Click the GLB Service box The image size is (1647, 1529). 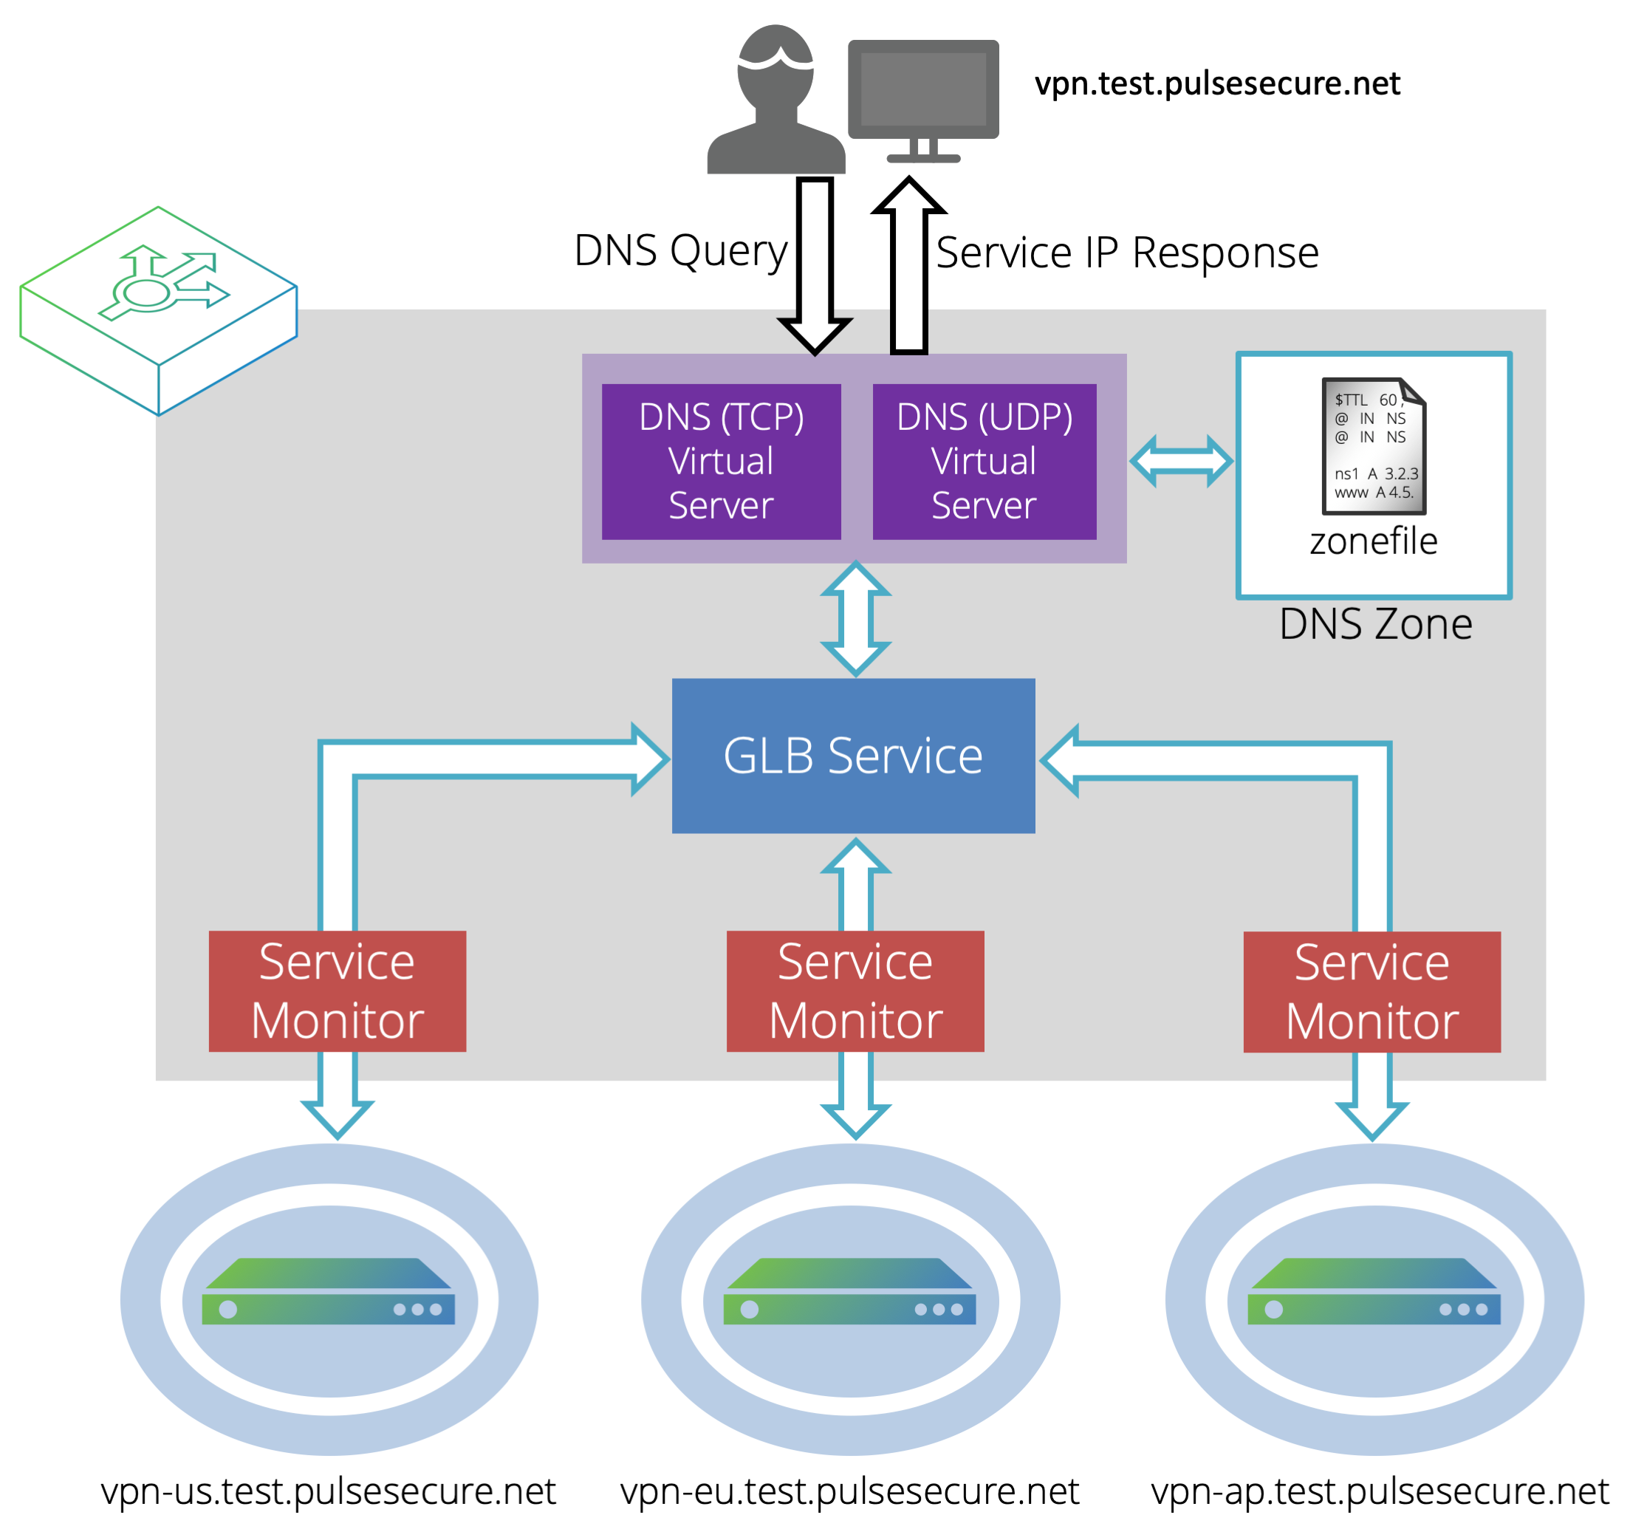[x=853, y=756]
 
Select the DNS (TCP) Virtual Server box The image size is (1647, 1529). [x=721, y=462]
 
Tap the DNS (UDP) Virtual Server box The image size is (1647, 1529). [x=984, y=462]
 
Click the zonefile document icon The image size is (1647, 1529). [x=1373, y=446]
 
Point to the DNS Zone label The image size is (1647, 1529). [x=1375, y=624]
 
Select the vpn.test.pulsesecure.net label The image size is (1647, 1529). [x=1217, y=83]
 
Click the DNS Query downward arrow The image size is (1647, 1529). [x=815, y=264]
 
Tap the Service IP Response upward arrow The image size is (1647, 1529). [x=909, y=264]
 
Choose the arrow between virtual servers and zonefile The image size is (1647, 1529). [x=1181, y=461]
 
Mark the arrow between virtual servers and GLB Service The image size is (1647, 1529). [x=855, y=619]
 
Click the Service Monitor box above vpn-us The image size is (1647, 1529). [x=338, y=991]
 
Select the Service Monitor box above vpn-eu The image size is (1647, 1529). [x=855, y=991]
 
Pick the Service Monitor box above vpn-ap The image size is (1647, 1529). [x=1372, y=992]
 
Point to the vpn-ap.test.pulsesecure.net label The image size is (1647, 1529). [x=1379, y=1491]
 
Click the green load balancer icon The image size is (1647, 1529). [x=158, y=310]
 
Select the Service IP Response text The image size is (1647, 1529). [x=1126, y=253]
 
